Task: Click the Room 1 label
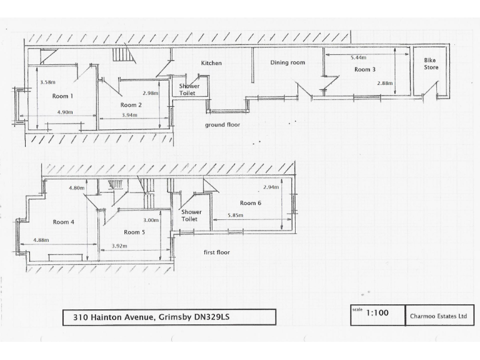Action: tap(62, 96)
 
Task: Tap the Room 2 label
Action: tap(131, 105)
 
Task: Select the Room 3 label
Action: tap(365, 69)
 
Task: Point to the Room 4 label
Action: tap(64, 222)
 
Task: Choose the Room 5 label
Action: tap(134, 232)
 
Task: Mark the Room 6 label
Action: tap(251, 202)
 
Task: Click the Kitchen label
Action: tap(211, 63)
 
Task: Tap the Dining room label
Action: tap(287, 62)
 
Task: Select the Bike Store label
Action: tap(431, 64)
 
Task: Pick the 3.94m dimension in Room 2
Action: tap(129, 116)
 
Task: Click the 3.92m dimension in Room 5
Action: tap(119, 246)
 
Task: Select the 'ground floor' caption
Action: tap(222, 125)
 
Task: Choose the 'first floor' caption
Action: tap(217, 252)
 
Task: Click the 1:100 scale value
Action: tap(377, 312)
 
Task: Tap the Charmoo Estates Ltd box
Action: tap(439, 316)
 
